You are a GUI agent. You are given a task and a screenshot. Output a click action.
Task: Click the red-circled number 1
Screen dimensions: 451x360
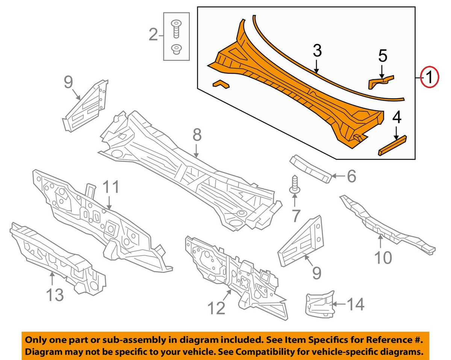click(x=429, y=77)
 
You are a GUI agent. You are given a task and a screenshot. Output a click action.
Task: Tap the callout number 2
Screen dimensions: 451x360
click(x=153, y=35)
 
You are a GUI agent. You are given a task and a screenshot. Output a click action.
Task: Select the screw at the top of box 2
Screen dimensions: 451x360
click(x=176, y=29)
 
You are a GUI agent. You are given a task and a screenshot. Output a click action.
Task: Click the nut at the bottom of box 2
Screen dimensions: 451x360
click(x=176, y=50)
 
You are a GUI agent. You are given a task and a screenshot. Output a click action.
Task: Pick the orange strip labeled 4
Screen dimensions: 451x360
click(x=392, y=145)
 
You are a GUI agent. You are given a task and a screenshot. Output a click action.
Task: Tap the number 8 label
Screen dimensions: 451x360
click(x=197, y=135)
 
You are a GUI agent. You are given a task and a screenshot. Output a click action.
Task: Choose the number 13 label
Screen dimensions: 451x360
click(x=55, y=295)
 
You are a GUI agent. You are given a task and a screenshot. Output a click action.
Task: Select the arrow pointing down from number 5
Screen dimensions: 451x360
click(x=382, y=72)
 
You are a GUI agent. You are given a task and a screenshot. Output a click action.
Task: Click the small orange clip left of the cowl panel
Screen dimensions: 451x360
click(x=221, y=84)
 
